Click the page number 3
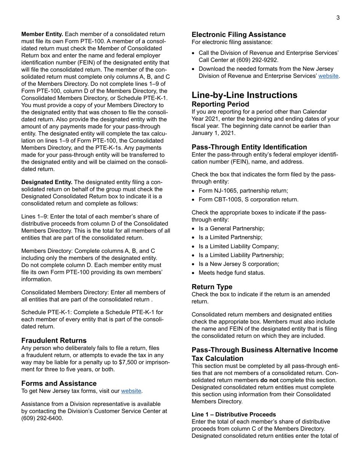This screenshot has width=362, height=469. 338,18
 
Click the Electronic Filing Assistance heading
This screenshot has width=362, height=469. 239,35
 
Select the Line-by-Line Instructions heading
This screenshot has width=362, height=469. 244,95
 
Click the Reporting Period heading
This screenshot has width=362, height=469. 220,104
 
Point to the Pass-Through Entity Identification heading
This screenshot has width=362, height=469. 249,147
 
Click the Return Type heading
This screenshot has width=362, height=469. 212,286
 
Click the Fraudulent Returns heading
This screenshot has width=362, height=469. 54,340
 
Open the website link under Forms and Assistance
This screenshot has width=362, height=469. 131,391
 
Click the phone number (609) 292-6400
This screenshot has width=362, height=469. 42,418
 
